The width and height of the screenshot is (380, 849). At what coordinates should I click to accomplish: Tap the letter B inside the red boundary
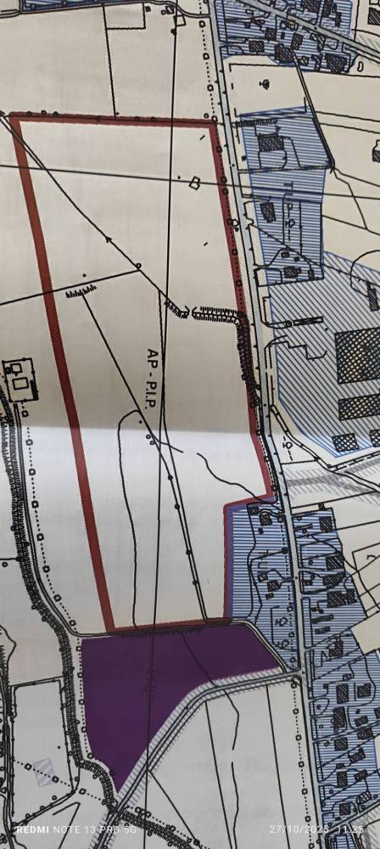tap(194, 181)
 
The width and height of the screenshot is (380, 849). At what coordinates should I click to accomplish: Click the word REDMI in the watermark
tap(32, 829)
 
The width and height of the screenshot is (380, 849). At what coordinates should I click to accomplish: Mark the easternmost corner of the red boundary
tap(274, 492)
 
